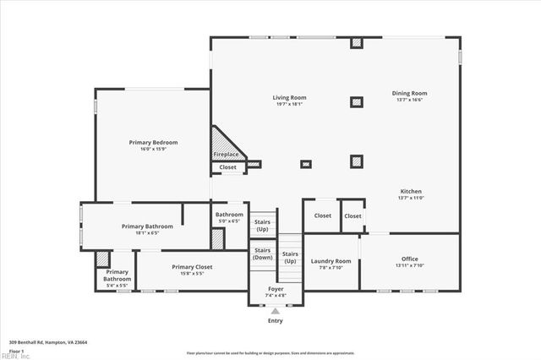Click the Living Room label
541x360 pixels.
coord(288,98)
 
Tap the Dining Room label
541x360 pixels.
coord(409,93)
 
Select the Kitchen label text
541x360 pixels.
coord(411,191)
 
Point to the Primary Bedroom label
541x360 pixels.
coord(153,142)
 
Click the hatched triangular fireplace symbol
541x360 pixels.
coord(223,144)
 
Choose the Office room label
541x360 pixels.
coord(410,259)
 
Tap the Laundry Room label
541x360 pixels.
coord(331,261)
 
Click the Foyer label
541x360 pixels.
coord(276,289)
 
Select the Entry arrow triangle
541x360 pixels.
coord(276,311)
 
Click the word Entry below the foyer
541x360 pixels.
coord(276,320)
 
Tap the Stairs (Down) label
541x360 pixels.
coord(262,253)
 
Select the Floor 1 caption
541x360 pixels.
coord(17,350)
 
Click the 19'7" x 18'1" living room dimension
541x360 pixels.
coord(288,105)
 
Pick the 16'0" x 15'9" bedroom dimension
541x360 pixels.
coord(153,149)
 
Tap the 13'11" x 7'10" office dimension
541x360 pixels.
coord(410,265)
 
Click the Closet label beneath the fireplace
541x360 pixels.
coord(228,167)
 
